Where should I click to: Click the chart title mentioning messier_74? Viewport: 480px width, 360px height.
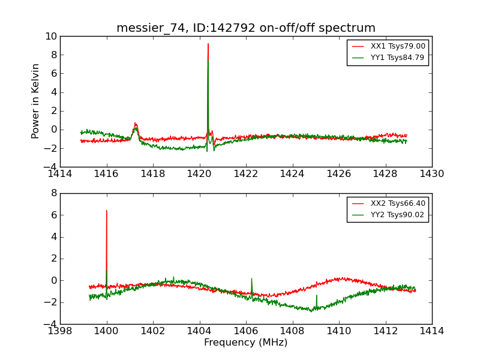(246, 28)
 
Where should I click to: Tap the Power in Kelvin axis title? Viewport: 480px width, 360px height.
(36, 101)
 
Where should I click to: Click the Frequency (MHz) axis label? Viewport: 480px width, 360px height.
(246, 343)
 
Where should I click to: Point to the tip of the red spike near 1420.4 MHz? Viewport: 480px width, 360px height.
(208, 44)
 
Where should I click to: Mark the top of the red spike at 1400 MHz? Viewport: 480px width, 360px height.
(107, 211)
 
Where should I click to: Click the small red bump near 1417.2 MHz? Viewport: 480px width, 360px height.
(136, 123)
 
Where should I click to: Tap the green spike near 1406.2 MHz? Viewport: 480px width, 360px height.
(251, 279)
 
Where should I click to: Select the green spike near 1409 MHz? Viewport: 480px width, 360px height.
(317, 295)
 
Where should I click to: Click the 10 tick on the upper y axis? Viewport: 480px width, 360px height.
(50, 37)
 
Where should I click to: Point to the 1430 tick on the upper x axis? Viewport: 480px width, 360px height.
(432, 173)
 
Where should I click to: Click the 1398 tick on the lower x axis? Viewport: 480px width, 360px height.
(60, 331)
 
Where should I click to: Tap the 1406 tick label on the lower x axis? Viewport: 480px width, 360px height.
(246, 331)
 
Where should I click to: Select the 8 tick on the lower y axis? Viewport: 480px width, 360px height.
(53, 193)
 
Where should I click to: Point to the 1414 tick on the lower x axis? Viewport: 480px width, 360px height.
(432, 331)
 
